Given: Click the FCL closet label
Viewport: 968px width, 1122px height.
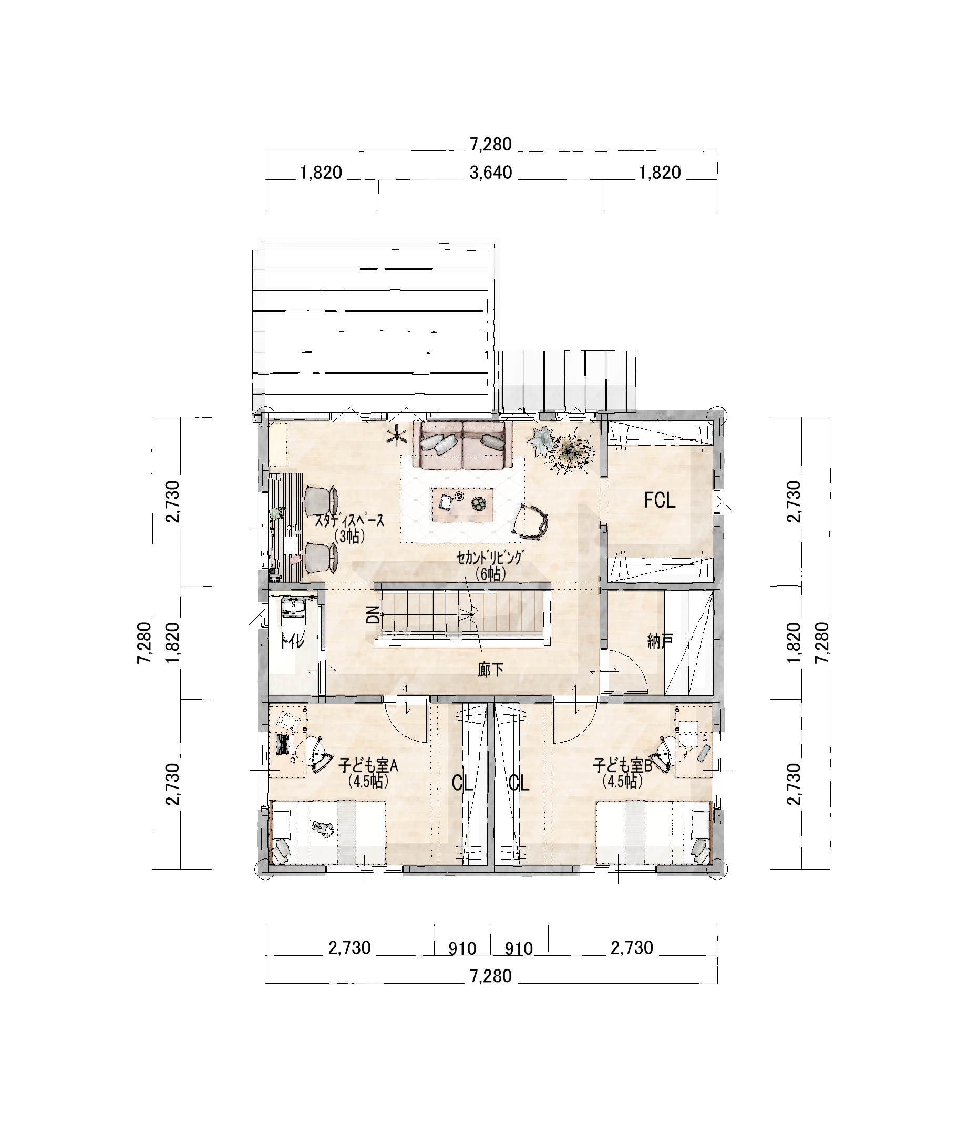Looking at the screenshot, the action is point(660,501).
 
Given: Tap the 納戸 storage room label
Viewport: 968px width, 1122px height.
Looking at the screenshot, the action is point(660,641).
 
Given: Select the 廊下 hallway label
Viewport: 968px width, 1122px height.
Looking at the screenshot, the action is point(491,670).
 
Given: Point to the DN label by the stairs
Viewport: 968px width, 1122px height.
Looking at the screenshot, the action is point(373,614).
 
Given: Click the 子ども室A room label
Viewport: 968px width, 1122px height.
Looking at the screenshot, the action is point(368,766).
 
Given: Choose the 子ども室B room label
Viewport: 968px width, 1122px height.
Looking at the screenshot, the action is point(622,766).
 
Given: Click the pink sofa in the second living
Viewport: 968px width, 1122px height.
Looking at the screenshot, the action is point(462,444).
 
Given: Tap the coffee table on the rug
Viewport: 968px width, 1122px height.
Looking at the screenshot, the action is point(462,504).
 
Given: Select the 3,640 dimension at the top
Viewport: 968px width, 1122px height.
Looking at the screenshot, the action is point(491,173).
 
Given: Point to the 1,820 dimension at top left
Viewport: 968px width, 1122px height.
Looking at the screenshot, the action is point(321,173).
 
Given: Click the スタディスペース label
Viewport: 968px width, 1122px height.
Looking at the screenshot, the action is point(349,521).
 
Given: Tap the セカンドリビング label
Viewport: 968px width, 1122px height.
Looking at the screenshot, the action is point(491,558).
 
